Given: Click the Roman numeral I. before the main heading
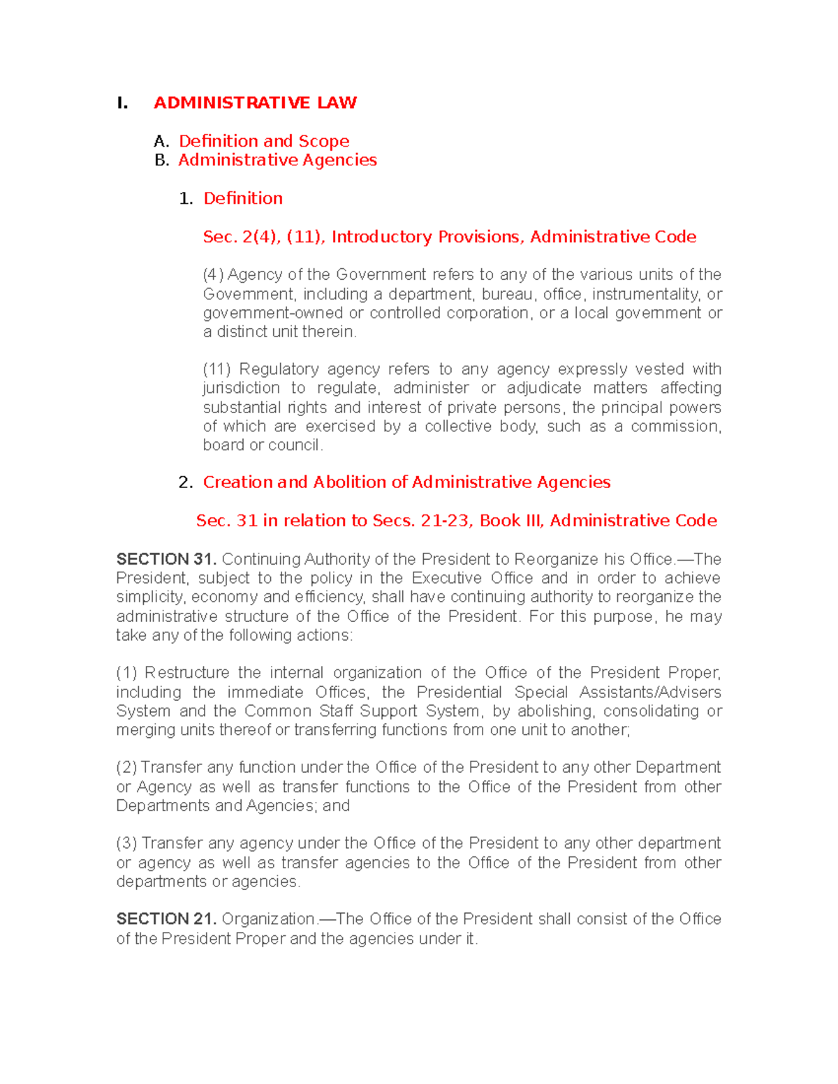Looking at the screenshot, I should click(122, 103).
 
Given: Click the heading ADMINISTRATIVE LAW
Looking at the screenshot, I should click(255, 103).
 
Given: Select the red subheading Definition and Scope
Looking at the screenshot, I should click(264, 141).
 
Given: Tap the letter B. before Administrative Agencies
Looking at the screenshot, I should click(161, 161).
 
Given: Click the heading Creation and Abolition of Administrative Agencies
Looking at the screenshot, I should click(406, 482).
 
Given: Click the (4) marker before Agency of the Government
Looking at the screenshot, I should click(213, 274).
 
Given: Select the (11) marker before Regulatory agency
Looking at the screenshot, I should click(216, 369).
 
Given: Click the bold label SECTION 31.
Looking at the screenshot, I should click(166, 559).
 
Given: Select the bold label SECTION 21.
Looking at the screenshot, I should click(166, 919).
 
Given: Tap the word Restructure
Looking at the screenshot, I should click(186, 673).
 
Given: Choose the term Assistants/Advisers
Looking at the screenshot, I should click(650, 692).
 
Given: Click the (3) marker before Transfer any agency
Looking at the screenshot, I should click(126, 843).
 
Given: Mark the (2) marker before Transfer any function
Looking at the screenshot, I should click(126, 768).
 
